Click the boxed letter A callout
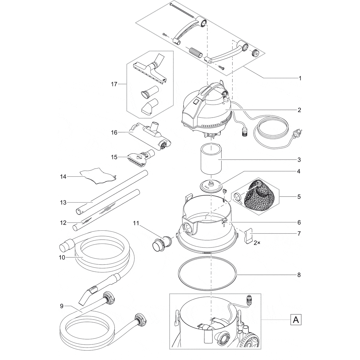point(296,320)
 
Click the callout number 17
point(114,84)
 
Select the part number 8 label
point(299,275)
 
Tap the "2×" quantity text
point(257,243)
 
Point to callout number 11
point(136,223)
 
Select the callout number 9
point(61,306)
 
